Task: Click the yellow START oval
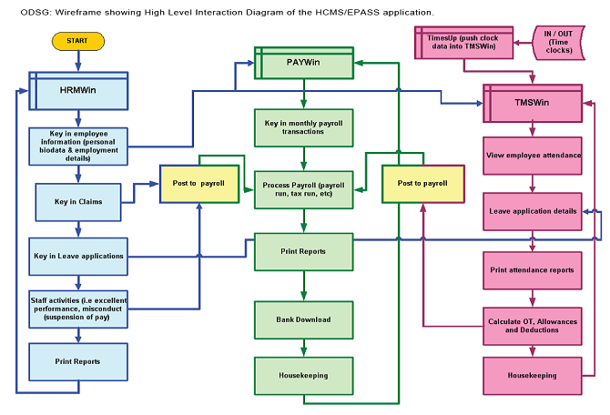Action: pyautogui.click(x=78, y=42)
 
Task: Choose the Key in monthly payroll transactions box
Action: pyautogui.click(x=304, y=127)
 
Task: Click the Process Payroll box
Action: pyautogui.click(x=304, y=189)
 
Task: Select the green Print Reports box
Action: pyautogui.click(x=304, y=251)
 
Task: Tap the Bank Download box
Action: pyautogui.click(x=304, y=319)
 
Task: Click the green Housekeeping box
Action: pyautogui.click(x=304, y=375)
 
